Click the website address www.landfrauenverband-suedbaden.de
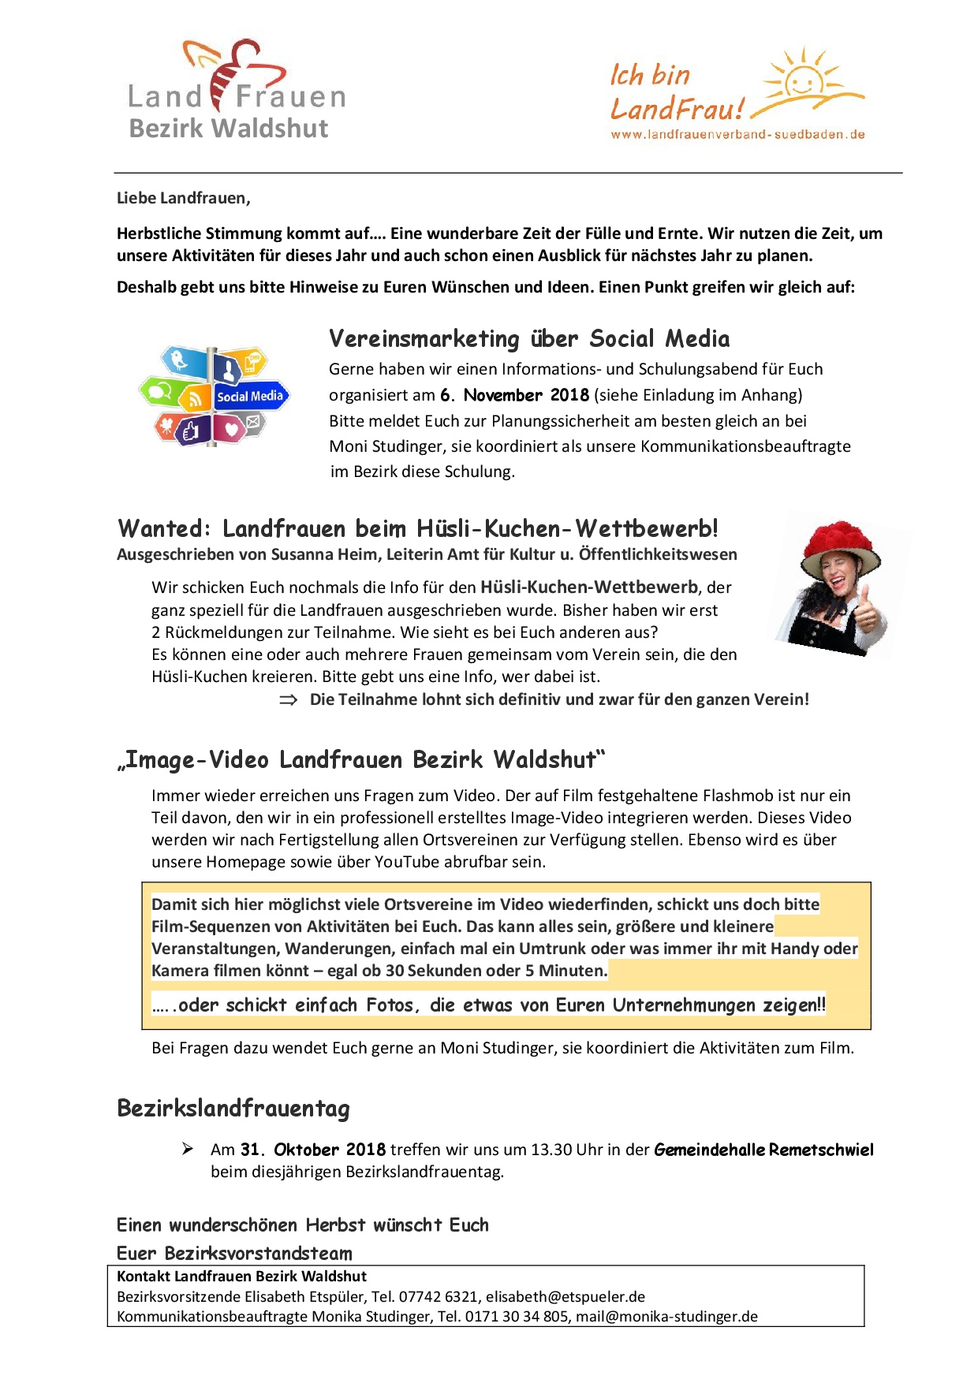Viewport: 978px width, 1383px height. [x=737, y=135]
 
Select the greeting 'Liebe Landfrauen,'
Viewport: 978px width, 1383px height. [x=183, y=199]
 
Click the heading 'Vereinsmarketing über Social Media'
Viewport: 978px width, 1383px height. [x=528, y=339]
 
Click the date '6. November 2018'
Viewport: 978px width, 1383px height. [x=514, y=395]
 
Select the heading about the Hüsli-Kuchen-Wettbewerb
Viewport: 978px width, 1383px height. [x=417, y=528]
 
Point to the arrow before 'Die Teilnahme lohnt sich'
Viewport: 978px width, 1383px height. [x=288, y=700]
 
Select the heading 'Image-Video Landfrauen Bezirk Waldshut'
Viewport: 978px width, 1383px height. [x=361, y=760]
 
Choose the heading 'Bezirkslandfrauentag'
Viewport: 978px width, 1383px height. [x=233, y=1109]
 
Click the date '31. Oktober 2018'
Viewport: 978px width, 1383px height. [x=313, y=1150]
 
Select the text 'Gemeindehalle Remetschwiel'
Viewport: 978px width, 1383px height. [x=763, y=1150]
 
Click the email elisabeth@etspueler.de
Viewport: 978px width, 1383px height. [x=565, y=1297]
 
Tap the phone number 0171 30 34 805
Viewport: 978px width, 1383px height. [x=517, y=1317]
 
